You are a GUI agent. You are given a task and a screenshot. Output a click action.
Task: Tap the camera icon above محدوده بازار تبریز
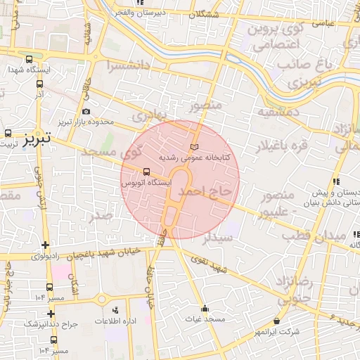(86, 111)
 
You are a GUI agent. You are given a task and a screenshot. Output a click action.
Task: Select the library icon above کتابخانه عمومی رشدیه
(195, 146)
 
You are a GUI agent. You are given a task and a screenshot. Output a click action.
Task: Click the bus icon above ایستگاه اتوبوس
(146, 171)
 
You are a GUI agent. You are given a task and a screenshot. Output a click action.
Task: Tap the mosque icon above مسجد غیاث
(205, 308)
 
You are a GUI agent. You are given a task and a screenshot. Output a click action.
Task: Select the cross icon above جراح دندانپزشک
(50, 313)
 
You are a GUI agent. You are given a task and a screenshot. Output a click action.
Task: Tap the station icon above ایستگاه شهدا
(28, 60)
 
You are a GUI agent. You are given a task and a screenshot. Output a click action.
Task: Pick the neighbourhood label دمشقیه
(278, 112)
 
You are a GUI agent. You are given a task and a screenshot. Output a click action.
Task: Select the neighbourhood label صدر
(101, 216)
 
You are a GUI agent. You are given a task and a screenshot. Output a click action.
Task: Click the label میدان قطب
(333, 233)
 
